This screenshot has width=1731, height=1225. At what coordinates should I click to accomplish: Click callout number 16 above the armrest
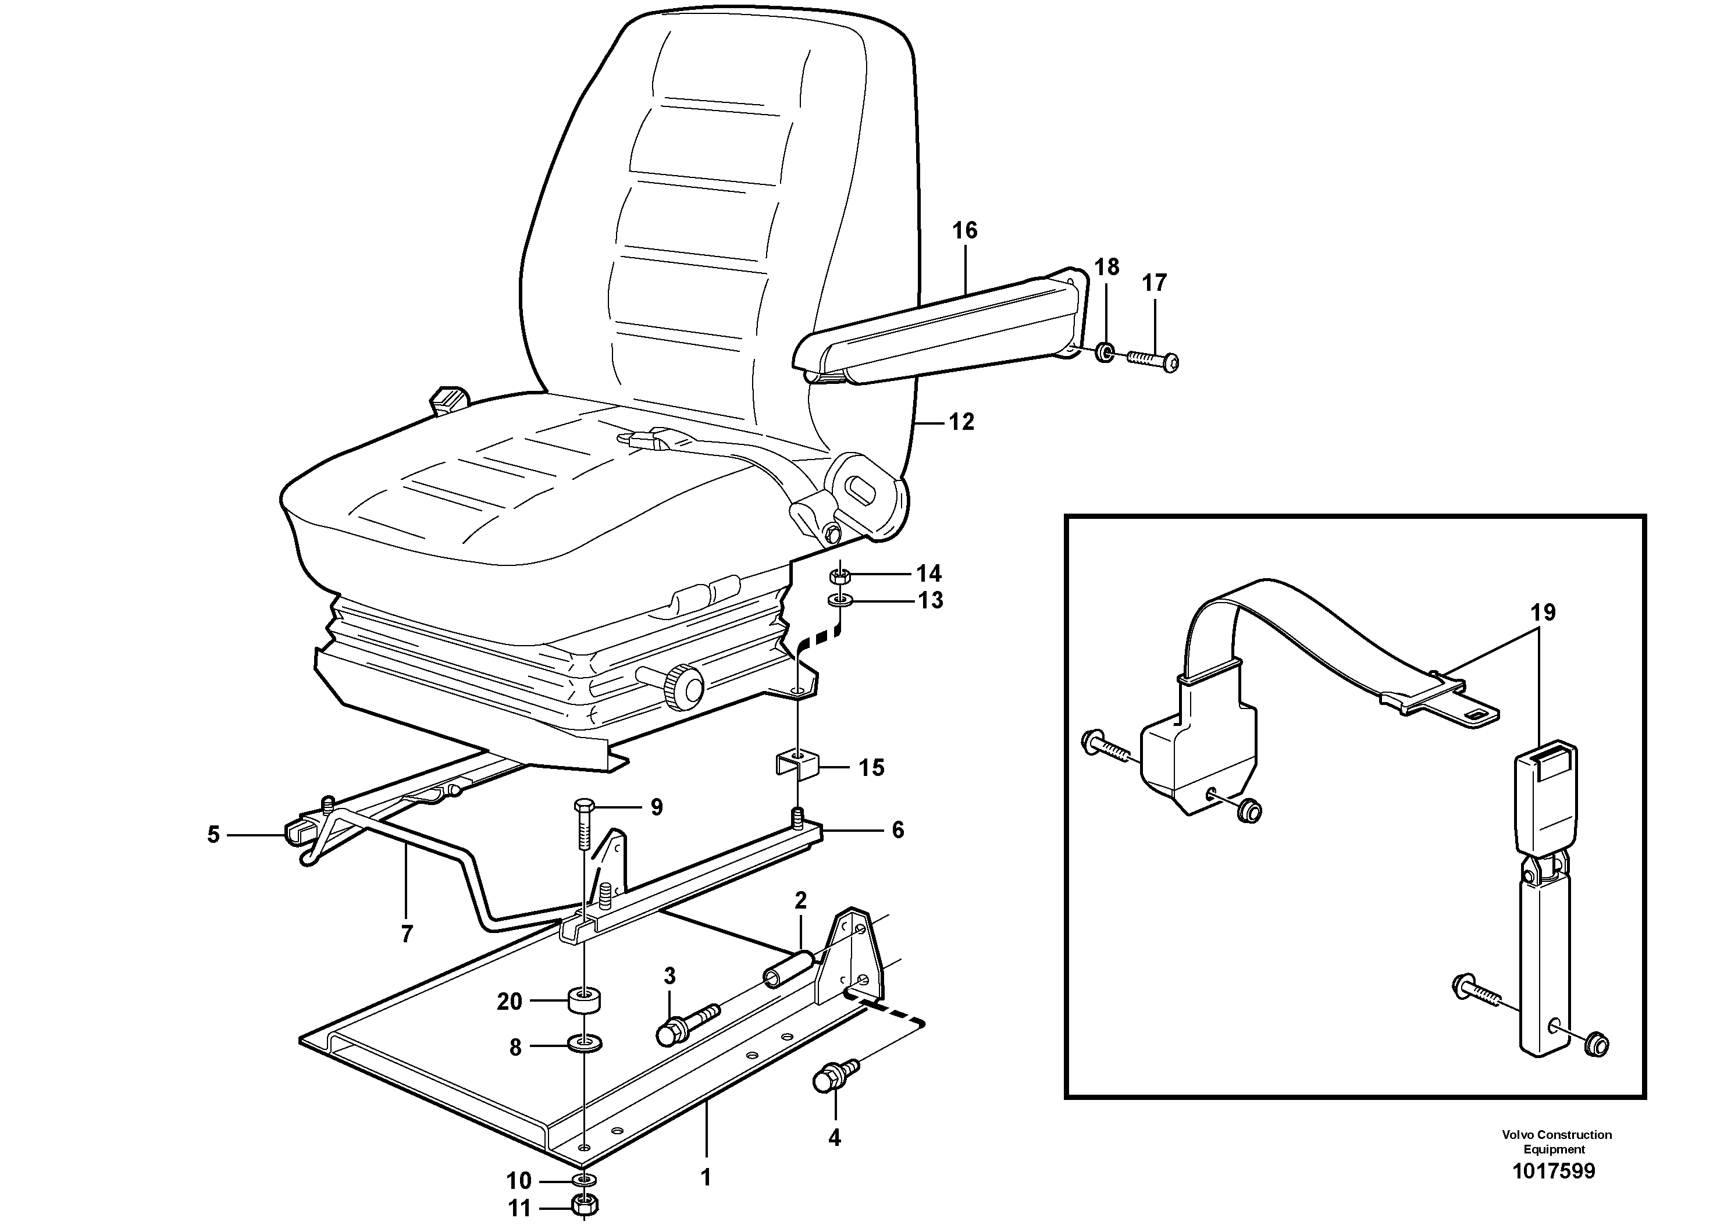pyautogui.click(x=965, y=230)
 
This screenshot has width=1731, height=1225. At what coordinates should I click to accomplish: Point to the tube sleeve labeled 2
pyautogui.click(x=788, y=971)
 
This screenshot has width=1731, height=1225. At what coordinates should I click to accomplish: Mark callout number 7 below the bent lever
pyautogui.click(x=407, y=934)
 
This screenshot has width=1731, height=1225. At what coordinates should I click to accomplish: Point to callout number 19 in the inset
pyautogui.click(x=1543, y=612)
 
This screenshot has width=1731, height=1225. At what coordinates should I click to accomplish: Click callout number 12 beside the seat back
pyautogui.click(x=961, y=422)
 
